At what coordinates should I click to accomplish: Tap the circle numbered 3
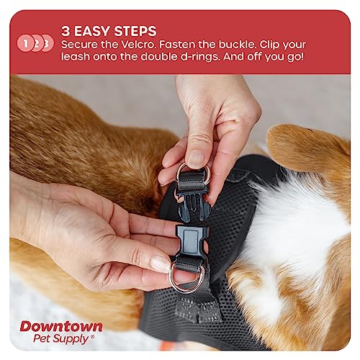pos(48,42)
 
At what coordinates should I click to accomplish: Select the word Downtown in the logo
pos(60,325)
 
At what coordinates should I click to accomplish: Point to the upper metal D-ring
pos(192,173)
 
